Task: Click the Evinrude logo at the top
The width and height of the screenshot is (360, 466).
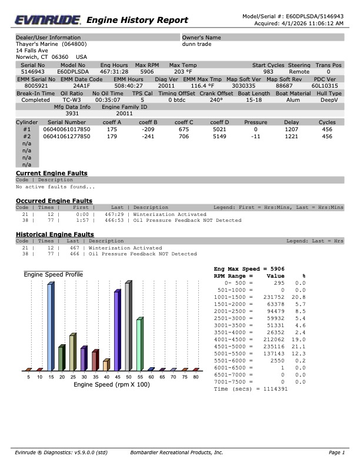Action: point(48,21)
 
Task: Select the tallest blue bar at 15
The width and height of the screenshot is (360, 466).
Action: point(50,327)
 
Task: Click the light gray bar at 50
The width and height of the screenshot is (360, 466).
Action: point(128,327)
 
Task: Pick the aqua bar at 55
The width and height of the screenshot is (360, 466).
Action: point(139,344)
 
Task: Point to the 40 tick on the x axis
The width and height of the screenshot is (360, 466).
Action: point(106,377)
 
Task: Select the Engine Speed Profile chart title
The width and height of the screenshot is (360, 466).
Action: point(53,275)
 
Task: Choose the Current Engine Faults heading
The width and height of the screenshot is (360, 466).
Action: point(51,173)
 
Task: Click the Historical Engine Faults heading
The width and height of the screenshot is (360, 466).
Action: point(55,234)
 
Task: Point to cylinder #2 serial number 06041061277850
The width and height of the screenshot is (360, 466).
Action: point(66,136)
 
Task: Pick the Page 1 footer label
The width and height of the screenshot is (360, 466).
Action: point(336,452)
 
